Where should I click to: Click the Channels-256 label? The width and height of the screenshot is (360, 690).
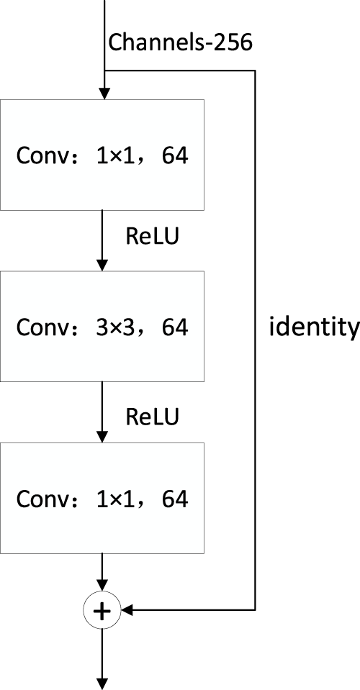click(180, 42)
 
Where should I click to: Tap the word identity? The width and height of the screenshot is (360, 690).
click(313, 327)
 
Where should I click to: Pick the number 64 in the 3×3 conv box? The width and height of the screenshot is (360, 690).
click(175, 327)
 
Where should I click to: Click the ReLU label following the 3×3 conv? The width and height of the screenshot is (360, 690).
click(151, 415)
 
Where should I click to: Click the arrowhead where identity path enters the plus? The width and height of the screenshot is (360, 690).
click(127, 611)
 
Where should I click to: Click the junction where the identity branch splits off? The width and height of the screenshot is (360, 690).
click(105, 70)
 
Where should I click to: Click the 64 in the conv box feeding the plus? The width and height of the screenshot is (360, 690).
click(175, 499)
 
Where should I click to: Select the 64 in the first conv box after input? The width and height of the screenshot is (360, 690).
click(175, 156)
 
